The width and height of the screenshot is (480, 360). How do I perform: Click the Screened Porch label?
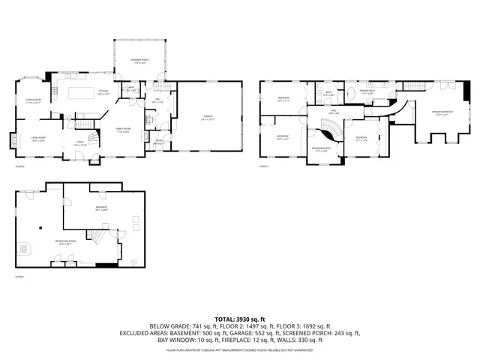tap(136, 62)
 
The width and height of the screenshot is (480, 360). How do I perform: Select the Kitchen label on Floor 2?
tap(103, 94)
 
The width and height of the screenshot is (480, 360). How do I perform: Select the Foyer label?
tap(79, 144)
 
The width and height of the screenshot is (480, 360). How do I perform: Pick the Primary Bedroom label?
tap(441, 113)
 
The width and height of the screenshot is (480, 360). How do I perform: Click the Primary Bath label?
tap(367, 92)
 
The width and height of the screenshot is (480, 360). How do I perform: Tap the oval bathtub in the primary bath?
tap(350, 95)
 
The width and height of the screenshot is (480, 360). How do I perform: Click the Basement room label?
tap(101, 208)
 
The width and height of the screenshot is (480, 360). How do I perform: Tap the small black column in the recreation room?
tap(41, 227)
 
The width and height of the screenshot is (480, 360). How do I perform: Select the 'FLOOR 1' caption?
tap(20, 277)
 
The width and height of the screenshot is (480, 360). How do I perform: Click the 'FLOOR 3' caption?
tap(263, 166)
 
